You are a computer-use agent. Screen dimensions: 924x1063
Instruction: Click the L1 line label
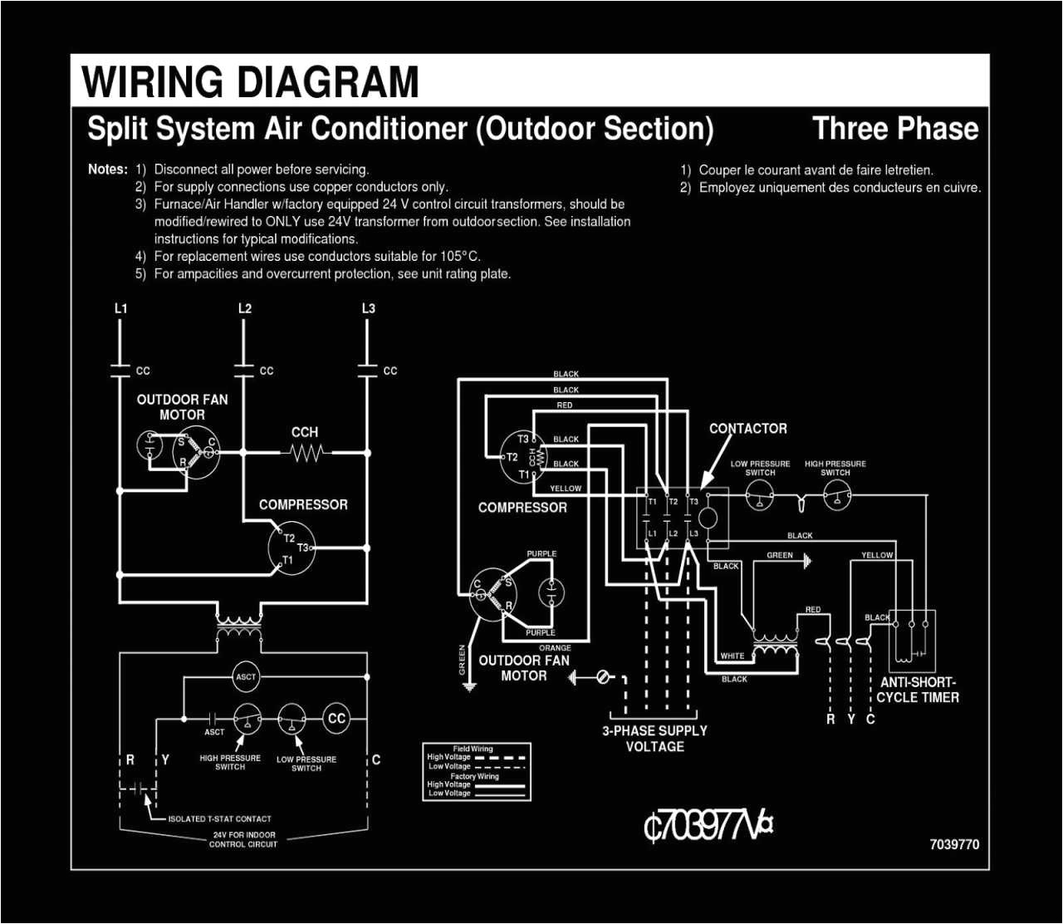121,308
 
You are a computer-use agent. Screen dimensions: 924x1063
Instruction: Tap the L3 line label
368,308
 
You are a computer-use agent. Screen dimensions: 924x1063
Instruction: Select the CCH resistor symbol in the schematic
306,453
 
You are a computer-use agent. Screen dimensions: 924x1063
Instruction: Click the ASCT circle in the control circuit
246,676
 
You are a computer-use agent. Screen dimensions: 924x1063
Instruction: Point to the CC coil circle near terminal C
336,719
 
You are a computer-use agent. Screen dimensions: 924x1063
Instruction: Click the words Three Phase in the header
895,129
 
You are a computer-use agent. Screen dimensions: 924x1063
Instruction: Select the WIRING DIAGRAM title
250,82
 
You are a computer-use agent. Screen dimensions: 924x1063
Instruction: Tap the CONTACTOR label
747,429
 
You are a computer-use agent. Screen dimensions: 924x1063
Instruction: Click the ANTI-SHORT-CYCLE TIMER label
918,690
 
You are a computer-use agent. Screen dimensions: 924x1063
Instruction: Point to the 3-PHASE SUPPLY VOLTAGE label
654,739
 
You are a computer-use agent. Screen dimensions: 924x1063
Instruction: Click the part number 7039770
954,844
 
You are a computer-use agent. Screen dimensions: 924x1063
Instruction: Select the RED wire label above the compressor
565,405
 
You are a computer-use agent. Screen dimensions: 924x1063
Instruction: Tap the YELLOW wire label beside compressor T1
566,489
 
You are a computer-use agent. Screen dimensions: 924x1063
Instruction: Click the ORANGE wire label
555,648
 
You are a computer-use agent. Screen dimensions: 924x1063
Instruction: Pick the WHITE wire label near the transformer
732,656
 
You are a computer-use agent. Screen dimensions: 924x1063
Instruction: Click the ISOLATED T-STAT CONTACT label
219,818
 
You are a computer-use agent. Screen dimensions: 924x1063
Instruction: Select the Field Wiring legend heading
473,749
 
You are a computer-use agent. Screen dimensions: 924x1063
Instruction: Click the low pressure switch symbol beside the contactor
760,498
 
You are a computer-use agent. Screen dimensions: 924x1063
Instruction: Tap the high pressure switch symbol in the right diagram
836,498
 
